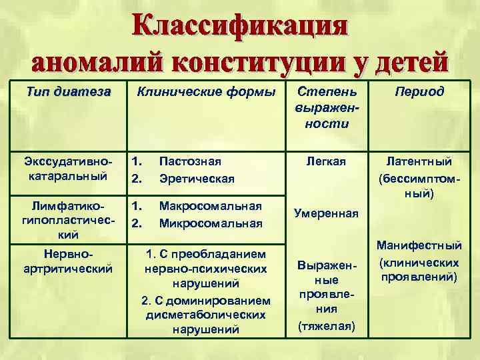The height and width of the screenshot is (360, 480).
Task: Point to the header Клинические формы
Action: [x=205, y=91]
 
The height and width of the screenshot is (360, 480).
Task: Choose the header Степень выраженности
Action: [x=327, y=107]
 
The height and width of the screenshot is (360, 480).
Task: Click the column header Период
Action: [x=418, y=91]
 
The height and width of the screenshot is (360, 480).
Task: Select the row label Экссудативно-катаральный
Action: [x=67, y=169]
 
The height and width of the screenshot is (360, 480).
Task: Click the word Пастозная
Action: [x=190, y=161]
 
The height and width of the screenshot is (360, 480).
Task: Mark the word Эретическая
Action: [x=197, y=178]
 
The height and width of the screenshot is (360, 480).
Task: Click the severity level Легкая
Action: [x=326, y=161]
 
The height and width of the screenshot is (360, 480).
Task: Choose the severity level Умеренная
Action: [x=326, y=214]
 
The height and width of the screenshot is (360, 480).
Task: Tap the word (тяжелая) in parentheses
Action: [x=327, y=326]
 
